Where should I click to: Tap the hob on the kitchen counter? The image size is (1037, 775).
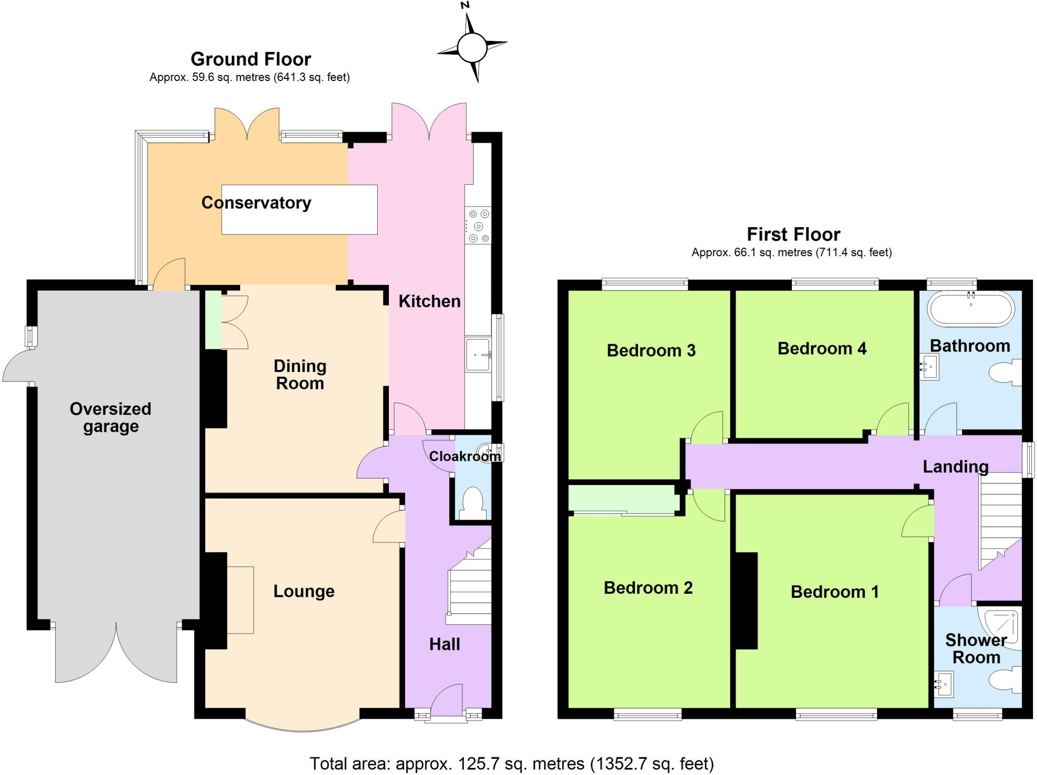coord(478,226)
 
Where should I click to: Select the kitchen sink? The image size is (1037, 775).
coord(478,354)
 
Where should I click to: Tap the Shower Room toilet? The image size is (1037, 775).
coord(1005,680)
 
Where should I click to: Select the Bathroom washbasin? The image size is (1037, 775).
coord(929,366)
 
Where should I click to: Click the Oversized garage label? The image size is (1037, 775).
coord(110,417)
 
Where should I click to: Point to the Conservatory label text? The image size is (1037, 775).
coord(256,202)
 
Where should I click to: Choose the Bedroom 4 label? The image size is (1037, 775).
coord(822,348)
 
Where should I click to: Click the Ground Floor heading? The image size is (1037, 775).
coord(251,59)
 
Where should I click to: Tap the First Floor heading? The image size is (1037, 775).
coord(793,234)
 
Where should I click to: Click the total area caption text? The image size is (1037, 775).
coord(511,763)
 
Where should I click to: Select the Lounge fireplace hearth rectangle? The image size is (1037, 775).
coord(240,600)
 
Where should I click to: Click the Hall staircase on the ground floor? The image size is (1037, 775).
coord(469,582)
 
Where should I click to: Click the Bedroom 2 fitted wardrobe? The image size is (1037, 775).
coord(623,499)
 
